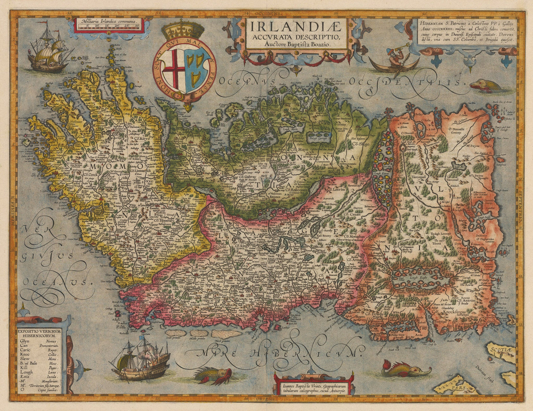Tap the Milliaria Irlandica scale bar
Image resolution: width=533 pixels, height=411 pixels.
(x=106, y=25)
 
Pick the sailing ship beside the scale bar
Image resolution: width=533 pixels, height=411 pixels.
(x=50, y=48)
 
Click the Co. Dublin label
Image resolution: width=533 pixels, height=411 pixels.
(x=236, y=315)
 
